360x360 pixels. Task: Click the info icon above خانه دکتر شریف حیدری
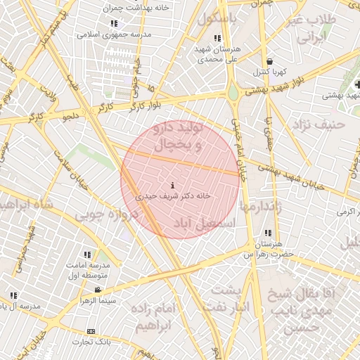pos(173,186)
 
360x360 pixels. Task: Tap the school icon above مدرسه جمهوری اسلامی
pos(114,23)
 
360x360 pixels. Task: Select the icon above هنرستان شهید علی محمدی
pos(217,38)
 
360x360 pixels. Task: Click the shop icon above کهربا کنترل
pos(271,61)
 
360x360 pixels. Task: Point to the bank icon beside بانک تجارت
pos(91,331)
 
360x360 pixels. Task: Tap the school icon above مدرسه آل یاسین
pos(13,295)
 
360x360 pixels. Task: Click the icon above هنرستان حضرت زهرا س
pos(267,233)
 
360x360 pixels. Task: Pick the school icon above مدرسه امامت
pos(87,255)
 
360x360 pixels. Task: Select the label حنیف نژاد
pos(320,124)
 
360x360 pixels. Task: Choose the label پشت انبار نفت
pos(226,300)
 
